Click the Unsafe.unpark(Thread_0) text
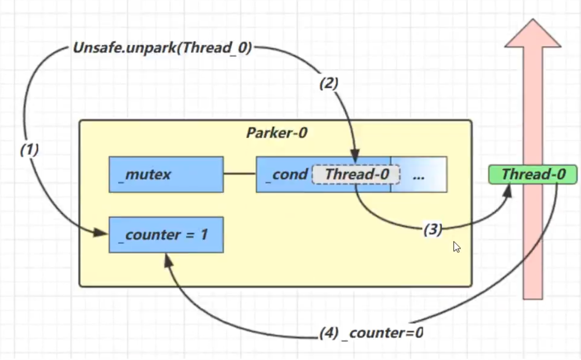pyautogui.click(x=163, y=48)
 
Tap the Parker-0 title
pyautogui.click(x=277, y=133)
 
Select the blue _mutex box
pyautogui.click(x=166, y=174)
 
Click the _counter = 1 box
pyautogui.click(x=166, y=235)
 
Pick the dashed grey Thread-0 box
pyautogui.click(x=356, y=174)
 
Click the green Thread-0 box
pyautogui.click(x=533, y=174)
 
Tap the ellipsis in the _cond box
pyautogui.click(x=418, y=175)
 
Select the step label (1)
pyautogui.click(x=29, y=150)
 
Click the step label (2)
pyautogui.click(x=329, y=83)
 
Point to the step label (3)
pyautogui.click(x=433, y=229)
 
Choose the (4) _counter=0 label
pyautogui.click(x=371, y=333)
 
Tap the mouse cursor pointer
pyautogui.click(x=457, y=247)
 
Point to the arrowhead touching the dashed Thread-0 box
pyautogui.click(x=356, y=153)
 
